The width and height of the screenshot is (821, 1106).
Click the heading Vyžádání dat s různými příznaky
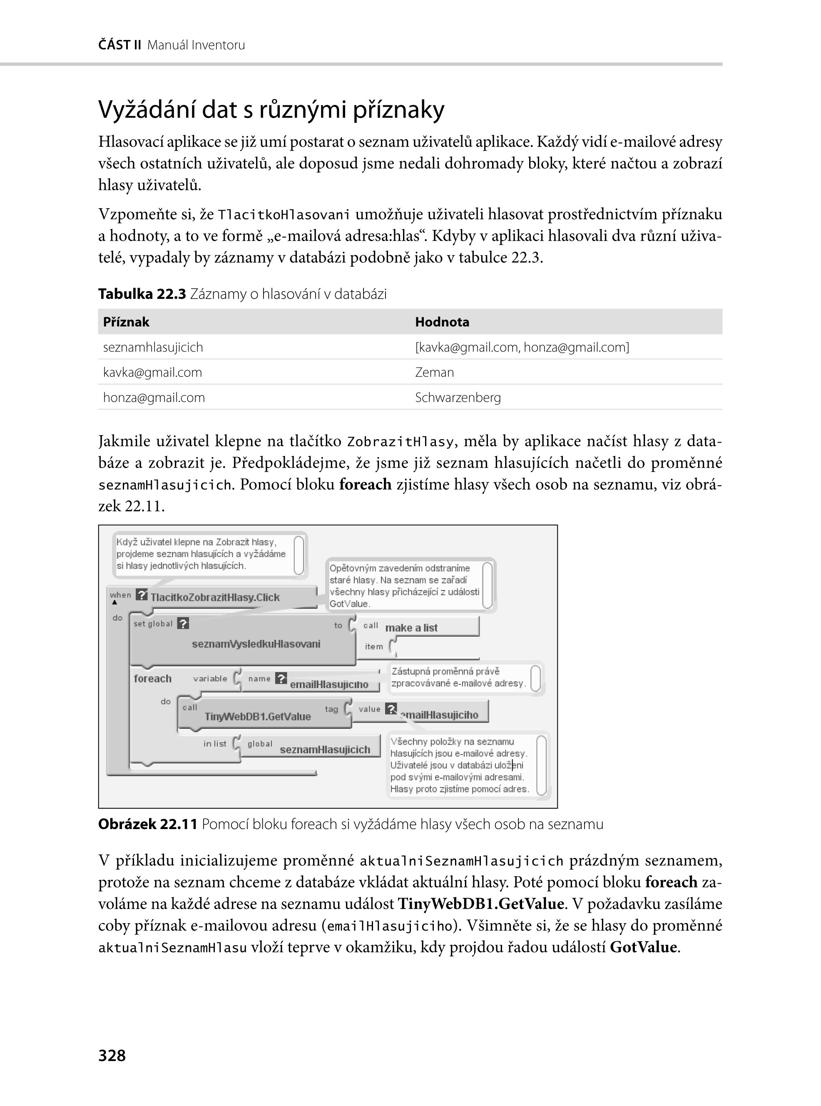(x=271, y=110)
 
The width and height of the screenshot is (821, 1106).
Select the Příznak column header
(x=126, y=322)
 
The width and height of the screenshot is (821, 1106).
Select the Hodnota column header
(x=442, y=322)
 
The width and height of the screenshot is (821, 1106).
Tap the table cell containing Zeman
(x=434, y=372)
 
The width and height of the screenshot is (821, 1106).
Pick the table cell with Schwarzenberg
(x=458, y=398)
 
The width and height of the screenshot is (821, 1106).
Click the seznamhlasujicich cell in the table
(x=153, y=347)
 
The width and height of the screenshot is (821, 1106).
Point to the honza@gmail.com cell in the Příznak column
(x=154, y=398)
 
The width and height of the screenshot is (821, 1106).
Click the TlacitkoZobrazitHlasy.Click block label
(x=215, y=598)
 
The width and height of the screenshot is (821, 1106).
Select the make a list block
(x=411, y=628)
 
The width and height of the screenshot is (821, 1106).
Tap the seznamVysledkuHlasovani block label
(x=256, y=644)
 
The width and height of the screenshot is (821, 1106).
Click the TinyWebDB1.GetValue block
(x=257, y=716)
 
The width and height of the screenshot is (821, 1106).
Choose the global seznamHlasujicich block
(x=324, y=749)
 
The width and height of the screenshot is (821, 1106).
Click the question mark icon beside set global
(x=183, y=623)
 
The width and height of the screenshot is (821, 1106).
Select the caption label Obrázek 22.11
(x=148, y=824)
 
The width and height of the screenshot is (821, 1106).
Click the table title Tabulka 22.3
(x=142, y=294)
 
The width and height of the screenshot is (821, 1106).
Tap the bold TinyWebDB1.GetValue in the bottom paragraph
(x=480, y=903)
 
